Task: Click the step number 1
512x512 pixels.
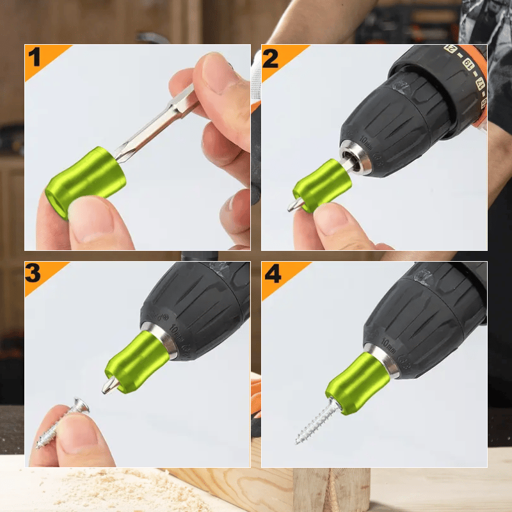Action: point(35,58)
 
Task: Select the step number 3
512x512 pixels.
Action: point(35,274)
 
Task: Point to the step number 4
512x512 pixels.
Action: point(272,274)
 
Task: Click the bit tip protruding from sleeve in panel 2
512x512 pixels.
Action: point(294,205)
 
